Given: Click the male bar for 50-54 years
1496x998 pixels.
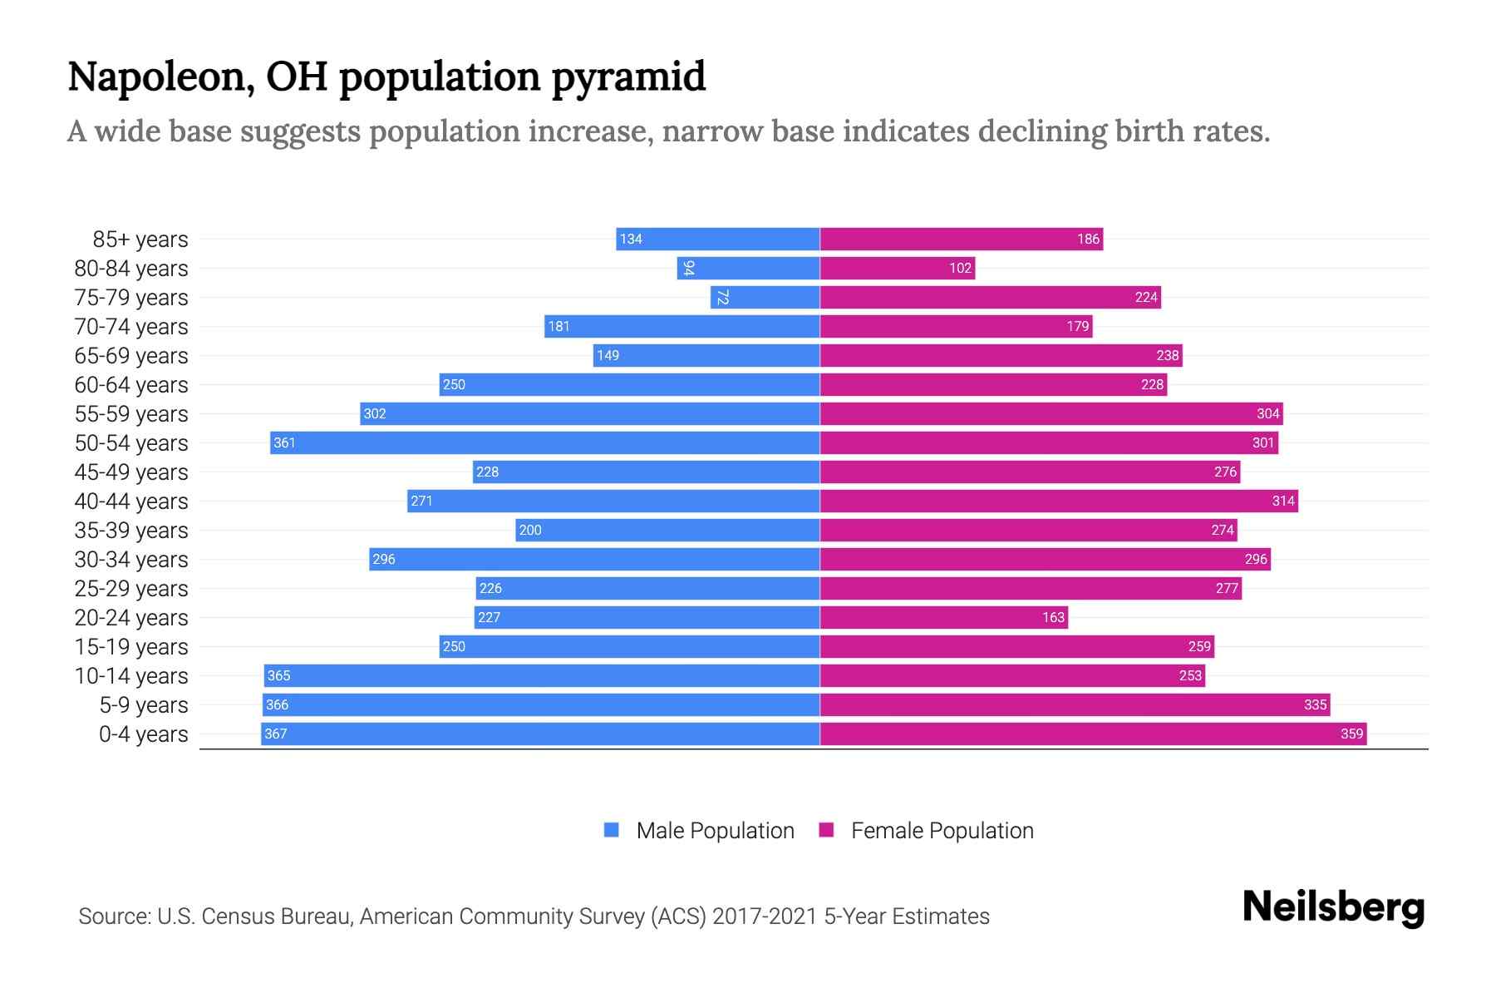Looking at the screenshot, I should (x=544, y=442).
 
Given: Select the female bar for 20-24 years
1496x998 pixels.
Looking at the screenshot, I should (x=943, y=617).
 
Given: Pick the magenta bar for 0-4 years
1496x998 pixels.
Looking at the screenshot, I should (x=1093, y=734).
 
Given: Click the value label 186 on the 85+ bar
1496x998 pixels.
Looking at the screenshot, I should (x=1088, y=239).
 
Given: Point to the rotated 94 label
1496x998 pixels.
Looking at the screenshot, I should (x=688, y=268).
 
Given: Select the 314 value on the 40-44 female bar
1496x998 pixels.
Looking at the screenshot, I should (x=1282, y=501).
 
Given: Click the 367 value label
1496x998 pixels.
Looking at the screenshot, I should (x=276, y=734).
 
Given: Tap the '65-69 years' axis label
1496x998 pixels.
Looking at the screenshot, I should (x=131, y=356).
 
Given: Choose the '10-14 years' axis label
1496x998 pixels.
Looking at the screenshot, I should (x=131, y=676).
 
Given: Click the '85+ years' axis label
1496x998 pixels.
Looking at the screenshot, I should (x=140, y=240).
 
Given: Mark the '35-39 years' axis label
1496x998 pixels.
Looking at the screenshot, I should (x=131, y=531).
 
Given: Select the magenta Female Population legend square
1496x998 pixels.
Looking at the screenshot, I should (x=826, y=829).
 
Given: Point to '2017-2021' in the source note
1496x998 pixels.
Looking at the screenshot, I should (x=765, y=916).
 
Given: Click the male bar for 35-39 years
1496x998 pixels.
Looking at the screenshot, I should (x=667, y=530).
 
